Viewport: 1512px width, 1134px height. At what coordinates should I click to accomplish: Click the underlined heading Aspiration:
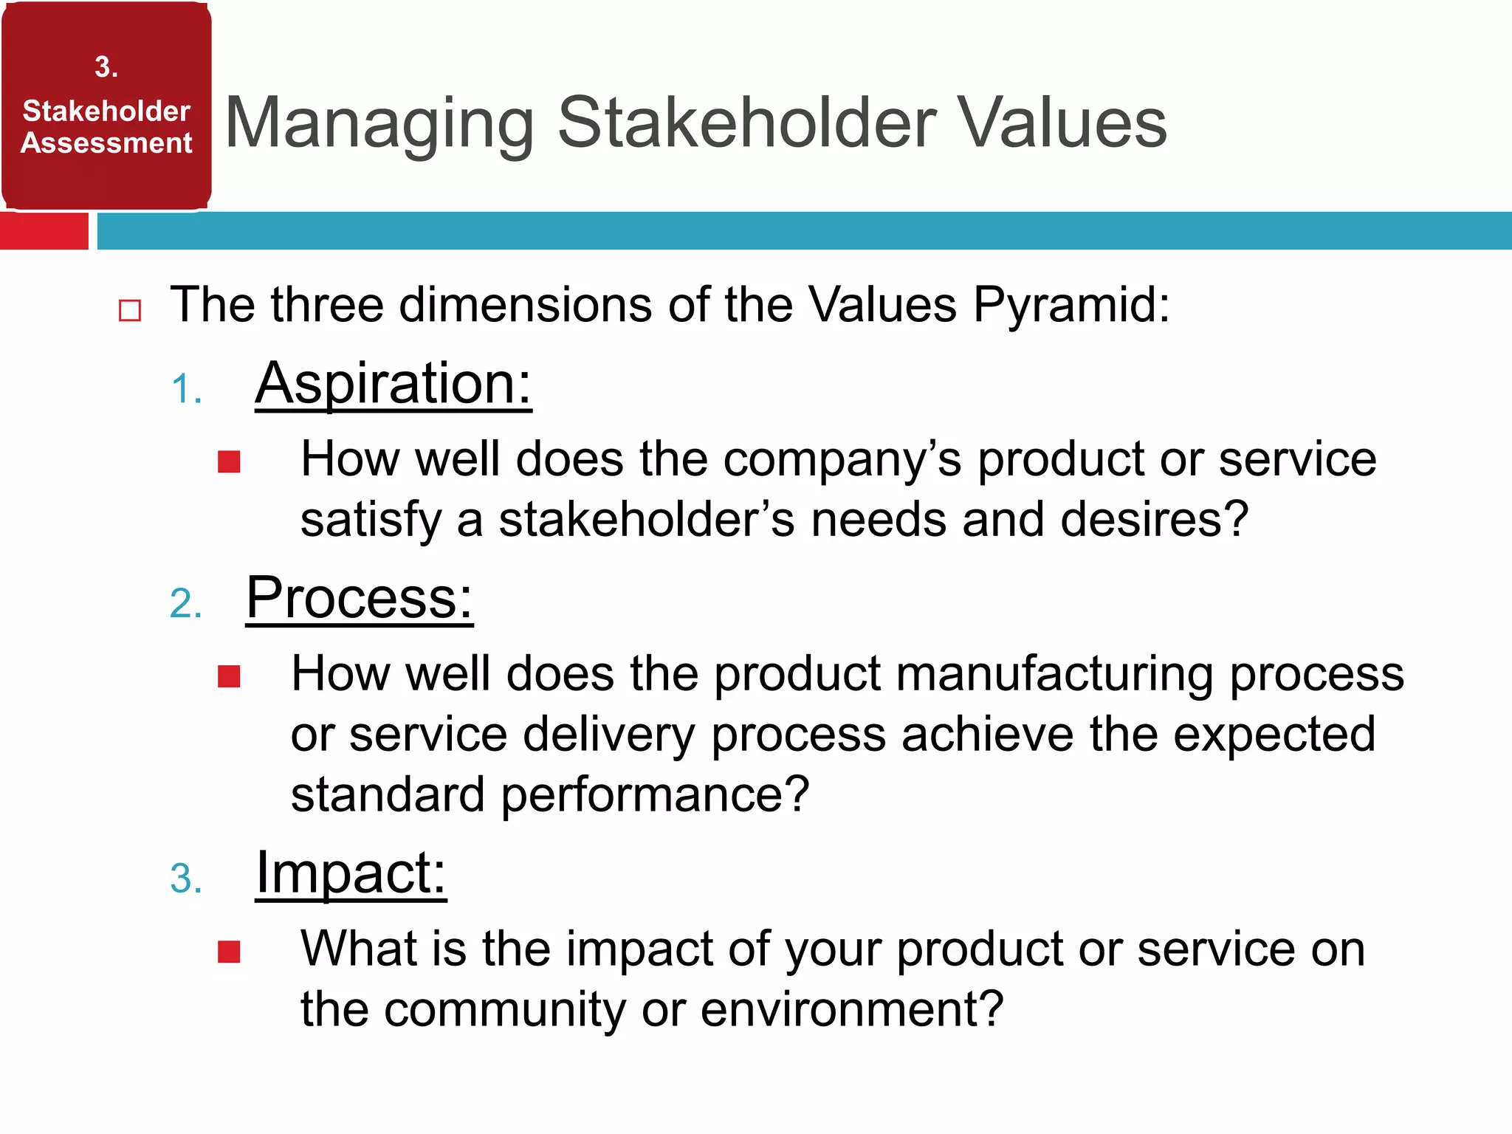(x=393, y=384)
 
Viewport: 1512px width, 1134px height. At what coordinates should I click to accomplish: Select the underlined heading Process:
(x=359, y=598)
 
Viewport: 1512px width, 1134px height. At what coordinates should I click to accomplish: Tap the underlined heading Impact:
(x=351, y=873)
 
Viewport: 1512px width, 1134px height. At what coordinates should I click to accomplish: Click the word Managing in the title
(x=379, y=124)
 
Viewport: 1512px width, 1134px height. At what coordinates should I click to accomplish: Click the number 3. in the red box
(x=106, y=67)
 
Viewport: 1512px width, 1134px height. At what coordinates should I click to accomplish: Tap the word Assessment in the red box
(x=106, y=142)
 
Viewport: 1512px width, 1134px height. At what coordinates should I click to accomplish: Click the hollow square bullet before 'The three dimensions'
(x=130, y=310)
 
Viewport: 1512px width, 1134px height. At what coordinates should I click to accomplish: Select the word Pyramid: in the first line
(x=1071, y=305)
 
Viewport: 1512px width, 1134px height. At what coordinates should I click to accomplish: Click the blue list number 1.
(x=185, y=389)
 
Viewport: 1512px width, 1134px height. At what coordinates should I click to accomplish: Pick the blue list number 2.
(x=185, y=604)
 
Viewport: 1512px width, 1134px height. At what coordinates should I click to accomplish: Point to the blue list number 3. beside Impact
(x=185, y=879)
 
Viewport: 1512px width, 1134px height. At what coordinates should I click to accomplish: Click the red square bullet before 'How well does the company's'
(x=229, y=462)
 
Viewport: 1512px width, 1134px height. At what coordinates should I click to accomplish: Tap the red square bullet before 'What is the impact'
(x=229, y=952)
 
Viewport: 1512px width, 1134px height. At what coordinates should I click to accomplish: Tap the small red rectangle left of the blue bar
(x=44, y=231)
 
